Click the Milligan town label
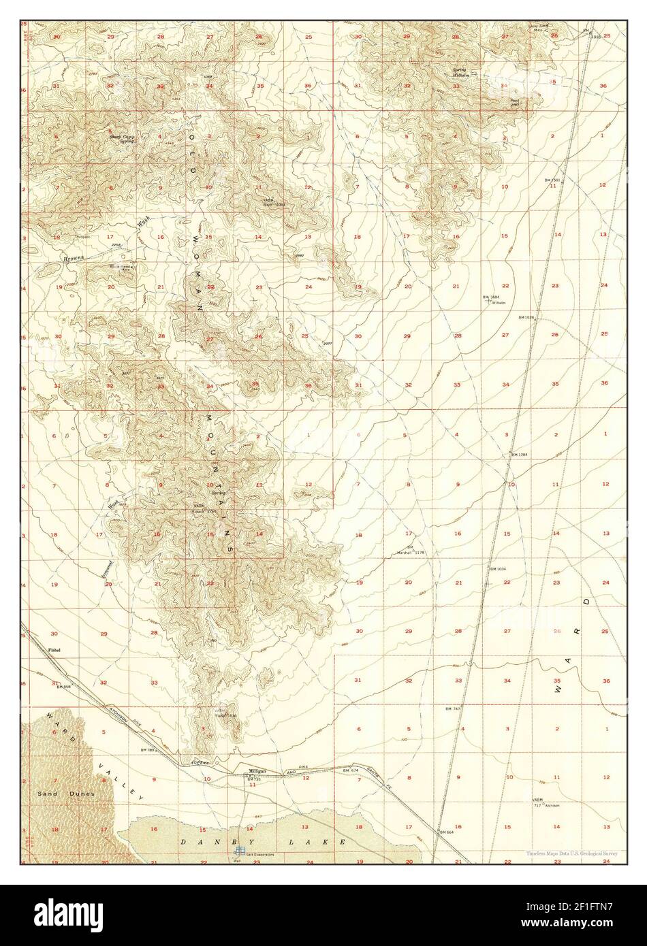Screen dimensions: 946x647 tap(257, 770)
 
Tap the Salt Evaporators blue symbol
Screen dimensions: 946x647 tap(239, 850)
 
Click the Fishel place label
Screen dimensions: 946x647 tap(55, 650)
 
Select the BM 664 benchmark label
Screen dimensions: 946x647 tap(446, 832)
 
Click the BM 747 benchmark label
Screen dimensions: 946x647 tap(453, 708)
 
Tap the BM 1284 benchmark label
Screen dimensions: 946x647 tap(519, 454)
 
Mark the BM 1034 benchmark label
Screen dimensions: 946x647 tap(497, 568)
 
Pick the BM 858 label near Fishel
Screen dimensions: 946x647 tap(63, 687)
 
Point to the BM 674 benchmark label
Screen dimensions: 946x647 tap(350, 770)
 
